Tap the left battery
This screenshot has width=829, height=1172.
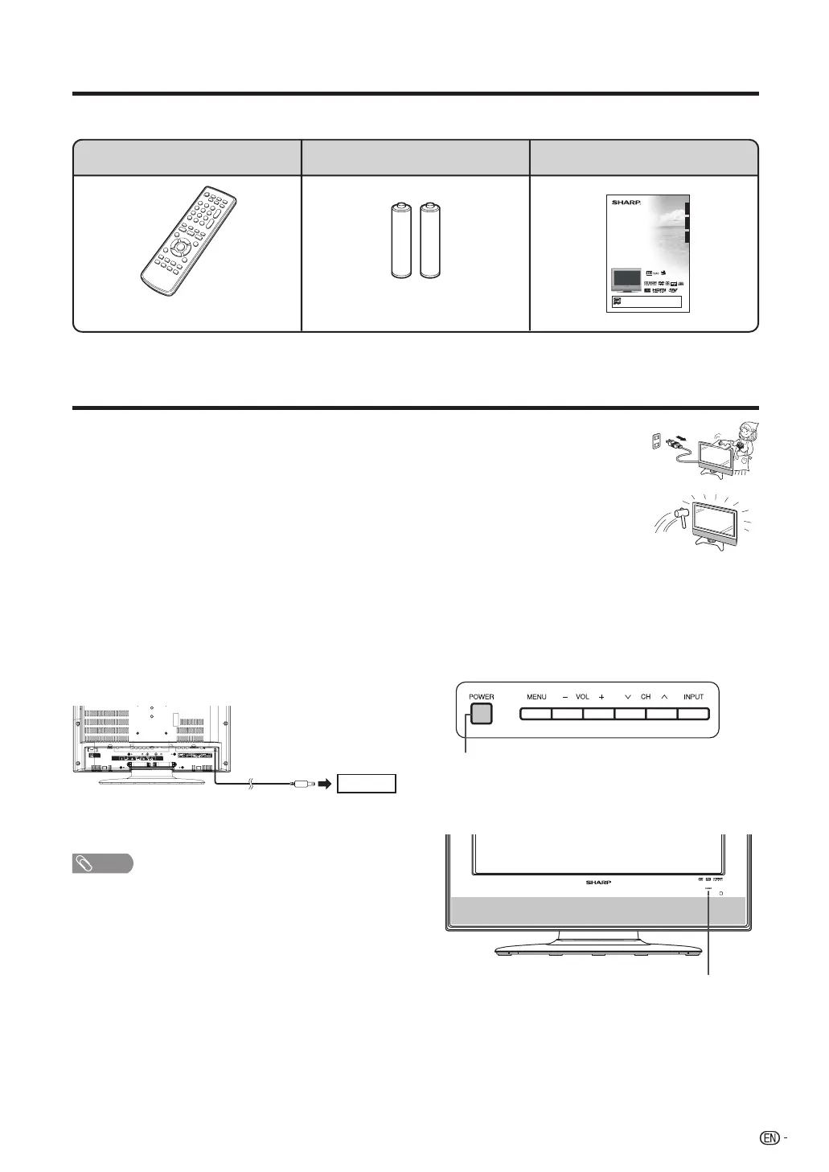coord(400,241)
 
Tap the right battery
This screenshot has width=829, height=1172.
coord(430,241)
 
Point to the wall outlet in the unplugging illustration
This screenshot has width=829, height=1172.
coord(657,441)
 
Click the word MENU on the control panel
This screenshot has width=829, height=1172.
coord(536,697)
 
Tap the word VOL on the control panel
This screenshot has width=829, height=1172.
coord(583,697)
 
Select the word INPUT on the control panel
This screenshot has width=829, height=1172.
coord(693,697)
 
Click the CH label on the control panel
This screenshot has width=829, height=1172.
coord(646,697)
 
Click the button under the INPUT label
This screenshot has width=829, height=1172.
coord(693,714)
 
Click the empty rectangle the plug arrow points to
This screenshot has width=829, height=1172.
coord(367,783)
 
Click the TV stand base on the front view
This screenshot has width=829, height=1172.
coord(599,949)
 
